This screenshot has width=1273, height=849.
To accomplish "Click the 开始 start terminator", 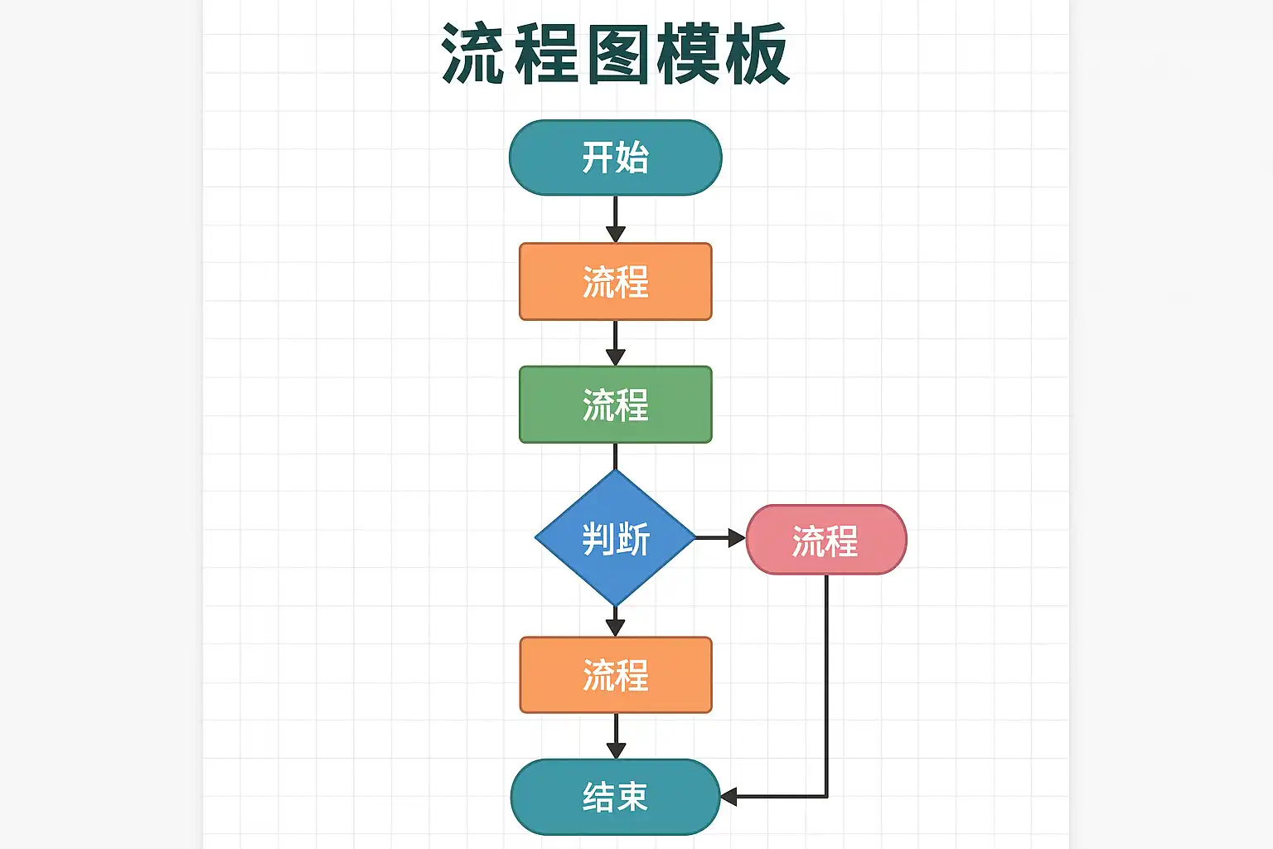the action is click(x=616, y=158).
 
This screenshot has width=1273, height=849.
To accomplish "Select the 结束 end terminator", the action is click(x=616, y=797).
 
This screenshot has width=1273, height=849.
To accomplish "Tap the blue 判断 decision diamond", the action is click(x=616, y=538).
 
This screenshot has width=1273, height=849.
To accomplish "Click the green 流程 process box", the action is click(x=616, y=405).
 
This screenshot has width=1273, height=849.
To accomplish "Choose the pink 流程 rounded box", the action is click(x=826, y=539).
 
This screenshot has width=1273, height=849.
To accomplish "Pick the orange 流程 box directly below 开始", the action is click(x=616, y=282).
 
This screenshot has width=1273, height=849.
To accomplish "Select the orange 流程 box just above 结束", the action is click(x=616, y=674).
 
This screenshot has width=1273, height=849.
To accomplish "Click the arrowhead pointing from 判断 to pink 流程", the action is click(x=737, y=538).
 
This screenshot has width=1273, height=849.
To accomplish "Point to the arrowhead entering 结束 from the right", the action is click(x=729, y=797).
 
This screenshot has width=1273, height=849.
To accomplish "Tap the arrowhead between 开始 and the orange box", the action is click(x=616, y=235).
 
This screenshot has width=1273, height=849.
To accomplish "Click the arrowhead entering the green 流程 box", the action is click(x=616, y=357).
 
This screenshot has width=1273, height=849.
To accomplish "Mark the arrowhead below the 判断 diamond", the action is click(x=616, y=628).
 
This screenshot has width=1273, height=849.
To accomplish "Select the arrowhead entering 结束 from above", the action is click(x=616, y=750).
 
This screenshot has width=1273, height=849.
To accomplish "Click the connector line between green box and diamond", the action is click(x=616, y=456).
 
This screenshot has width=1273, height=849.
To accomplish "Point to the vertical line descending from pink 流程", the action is click(x=826, y=685).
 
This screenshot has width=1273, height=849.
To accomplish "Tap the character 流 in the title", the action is click(x=473, y=55).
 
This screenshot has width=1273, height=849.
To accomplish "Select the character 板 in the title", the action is click(x=758, y=55).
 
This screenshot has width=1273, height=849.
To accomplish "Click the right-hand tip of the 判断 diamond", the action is click(x=695, y=538).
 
